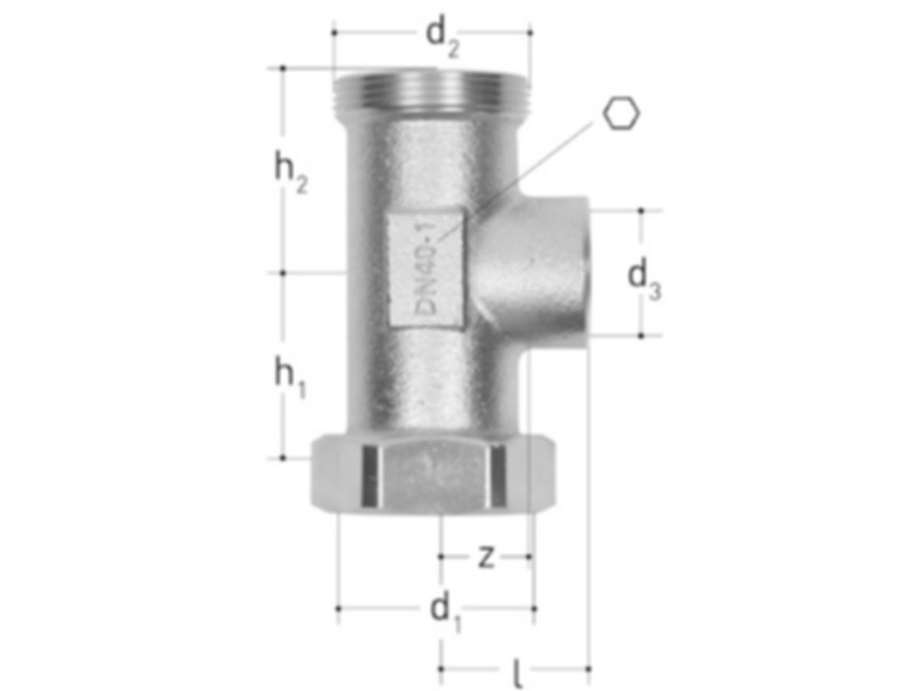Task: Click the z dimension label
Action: (x=485, y=557)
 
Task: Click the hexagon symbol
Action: (x=621, y=114)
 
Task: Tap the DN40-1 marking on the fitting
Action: (x=425, y=266)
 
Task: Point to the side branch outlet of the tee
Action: (x=549, y=273)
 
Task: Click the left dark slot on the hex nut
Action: (x=370, y=476)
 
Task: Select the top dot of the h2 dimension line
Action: (x=283, y=68)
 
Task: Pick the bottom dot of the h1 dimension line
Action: (x=283, y=458)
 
